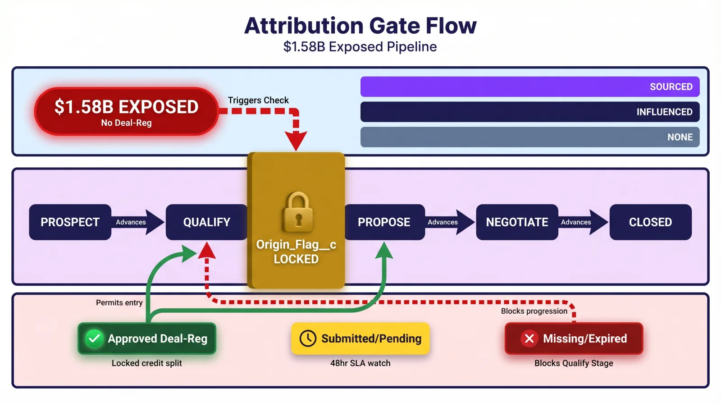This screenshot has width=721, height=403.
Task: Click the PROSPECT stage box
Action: coord(70,222)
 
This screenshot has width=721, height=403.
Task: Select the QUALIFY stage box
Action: coord(206,222)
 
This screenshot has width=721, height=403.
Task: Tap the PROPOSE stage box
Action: coord(384,222)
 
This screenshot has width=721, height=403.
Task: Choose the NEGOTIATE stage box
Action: coord(517,222)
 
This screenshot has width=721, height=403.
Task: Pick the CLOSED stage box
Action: coord(650,222)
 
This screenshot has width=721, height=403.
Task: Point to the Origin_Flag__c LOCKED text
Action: coord(296,252)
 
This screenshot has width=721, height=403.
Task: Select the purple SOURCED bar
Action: coord(529,87)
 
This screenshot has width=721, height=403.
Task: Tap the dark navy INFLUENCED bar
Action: coord(529,112)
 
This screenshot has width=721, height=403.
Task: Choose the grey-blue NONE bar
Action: coord(529,137)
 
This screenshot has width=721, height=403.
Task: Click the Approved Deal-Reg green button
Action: coord(147,339)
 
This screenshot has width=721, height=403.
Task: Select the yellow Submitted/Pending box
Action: coord(360,339)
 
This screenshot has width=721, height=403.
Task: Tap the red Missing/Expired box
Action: coord(574,339)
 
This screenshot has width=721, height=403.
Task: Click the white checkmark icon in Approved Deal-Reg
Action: coord(94,339)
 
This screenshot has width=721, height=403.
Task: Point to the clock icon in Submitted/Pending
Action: coord(308,339)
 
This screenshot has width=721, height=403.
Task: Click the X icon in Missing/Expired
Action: coord(529,339)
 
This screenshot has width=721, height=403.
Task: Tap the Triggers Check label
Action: coord(258,100)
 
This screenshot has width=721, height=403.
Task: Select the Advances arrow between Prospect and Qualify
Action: coord(137,222)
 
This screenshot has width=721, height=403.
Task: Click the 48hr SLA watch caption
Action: coord(360,363)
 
